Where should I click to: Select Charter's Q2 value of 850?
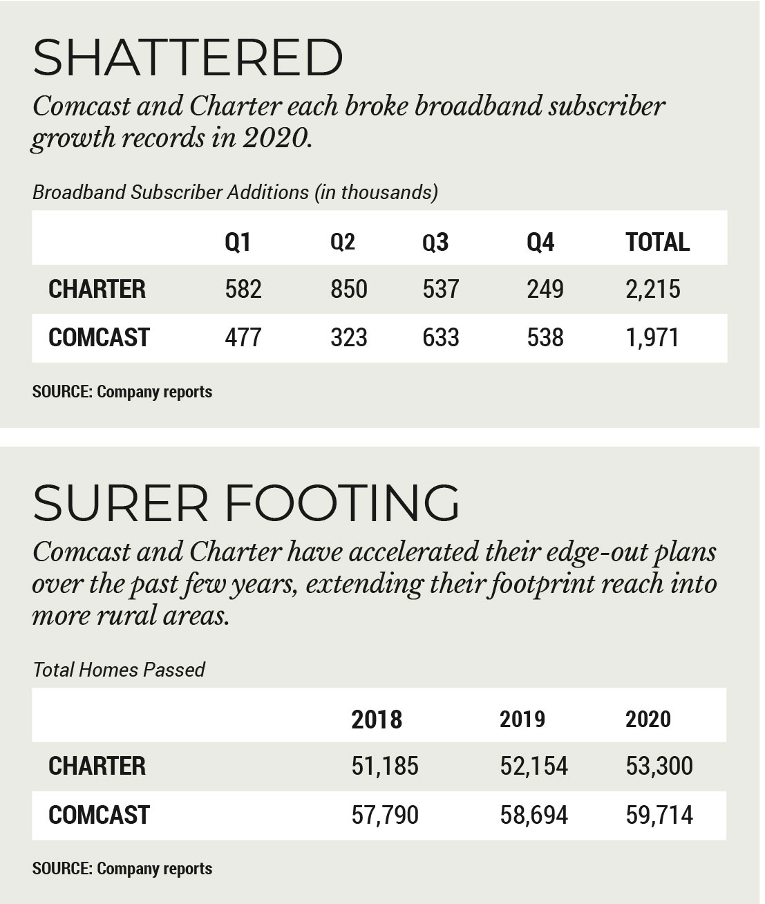(x=348, y=289)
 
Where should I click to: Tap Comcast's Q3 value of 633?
(x=440, y=337)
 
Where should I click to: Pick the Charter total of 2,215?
(x=652, y=289)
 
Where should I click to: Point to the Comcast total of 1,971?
(x=652, y=337)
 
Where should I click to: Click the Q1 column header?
(x=238, y=242)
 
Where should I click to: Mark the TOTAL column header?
(x=657, y=242)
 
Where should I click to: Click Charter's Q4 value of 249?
(x=545, y=289)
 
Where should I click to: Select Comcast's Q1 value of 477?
(x=243, y=337)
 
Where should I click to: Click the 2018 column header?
(x=377, y=719)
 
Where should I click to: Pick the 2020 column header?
(x=648, y=719)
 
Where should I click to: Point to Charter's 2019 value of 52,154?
(x=533, y=766)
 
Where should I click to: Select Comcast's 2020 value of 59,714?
(x=659, y=815)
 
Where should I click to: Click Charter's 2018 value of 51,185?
(x=385, y=766)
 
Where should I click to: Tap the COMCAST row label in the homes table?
(x=99, y=815)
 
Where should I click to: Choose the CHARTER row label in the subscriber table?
(x=97, y=289)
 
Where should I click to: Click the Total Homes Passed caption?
(x=119, y=670)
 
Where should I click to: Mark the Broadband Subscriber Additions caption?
(x=235, y=192)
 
